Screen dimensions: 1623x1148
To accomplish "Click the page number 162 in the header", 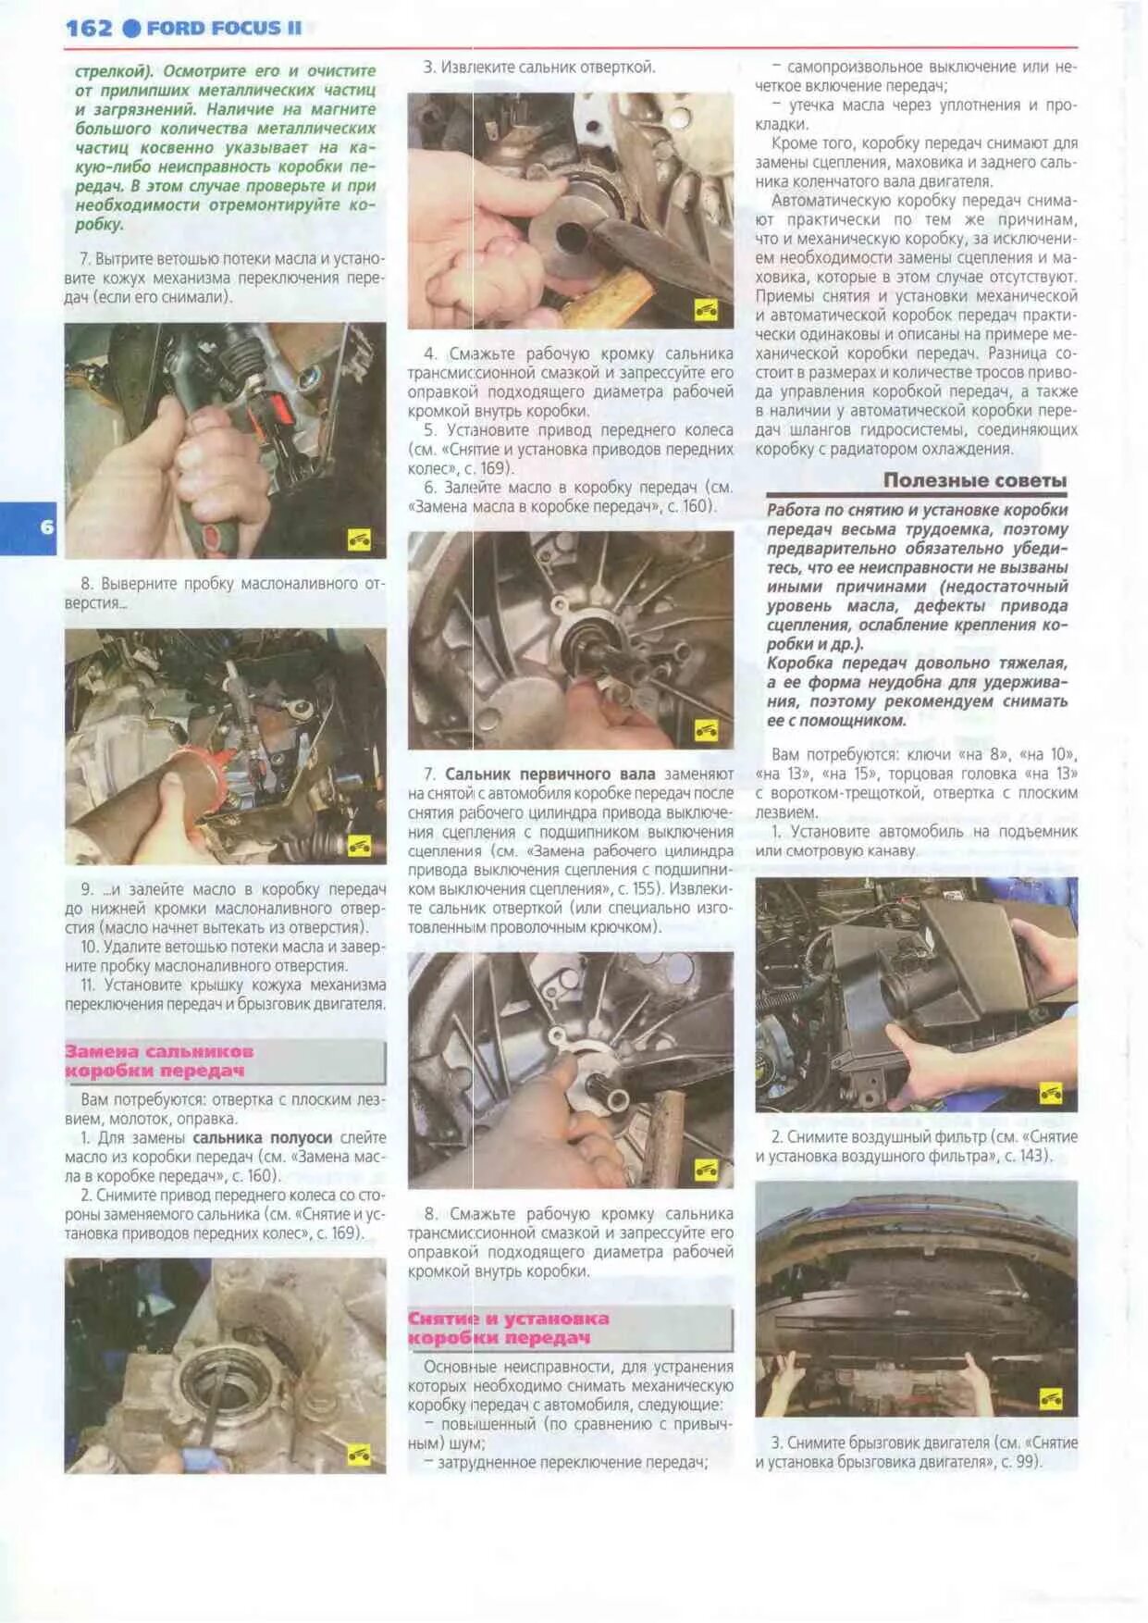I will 88,28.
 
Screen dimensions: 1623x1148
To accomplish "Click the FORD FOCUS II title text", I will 224,28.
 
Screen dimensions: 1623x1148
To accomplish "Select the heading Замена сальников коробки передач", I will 158,1061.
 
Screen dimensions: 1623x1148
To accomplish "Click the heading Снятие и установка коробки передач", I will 508,1328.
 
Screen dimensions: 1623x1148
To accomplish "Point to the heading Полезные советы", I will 974,480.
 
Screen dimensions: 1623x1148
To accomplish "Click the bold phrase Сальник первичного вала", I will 549,774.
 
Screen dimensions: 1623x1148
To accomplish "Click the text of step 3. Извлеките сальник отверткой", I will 539,68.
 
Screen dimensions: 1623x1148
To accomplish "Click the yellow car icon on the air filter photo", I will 1050,1094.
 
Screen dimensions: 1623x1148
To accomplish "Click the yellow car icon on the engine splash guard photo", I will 1050,1398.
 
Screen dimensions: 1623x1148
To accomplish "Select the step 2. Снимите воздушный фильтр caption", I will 916,1146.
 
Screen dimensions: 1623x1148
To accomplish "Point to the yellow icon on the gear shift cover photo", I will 359,539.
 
